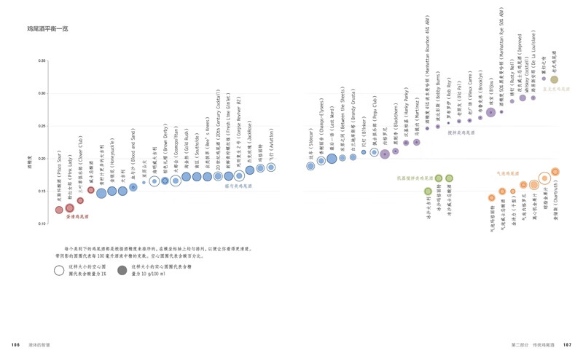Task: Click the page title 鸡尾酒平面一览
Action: coord(47,31)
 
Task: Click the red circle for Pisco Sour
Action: coord(59,210)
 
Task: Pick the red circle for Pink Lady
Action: coord(70,208)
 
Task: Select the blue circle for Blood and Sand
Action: coord(133,187)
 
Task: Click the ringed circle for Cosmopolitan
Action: coord(176,180)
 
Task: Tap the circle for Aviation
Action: coord(271,167)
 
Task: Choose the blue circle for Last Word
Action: coord(332,158)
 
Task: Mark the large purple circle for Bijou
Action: coord(491,112)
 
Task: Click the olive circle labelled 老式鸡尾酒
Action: coord(554,79)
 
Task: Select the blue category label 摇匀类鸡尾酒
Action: coord(238,186)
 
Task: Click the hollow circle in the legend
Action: coord(59,270)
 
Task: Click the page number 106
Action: coord(15,344)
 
